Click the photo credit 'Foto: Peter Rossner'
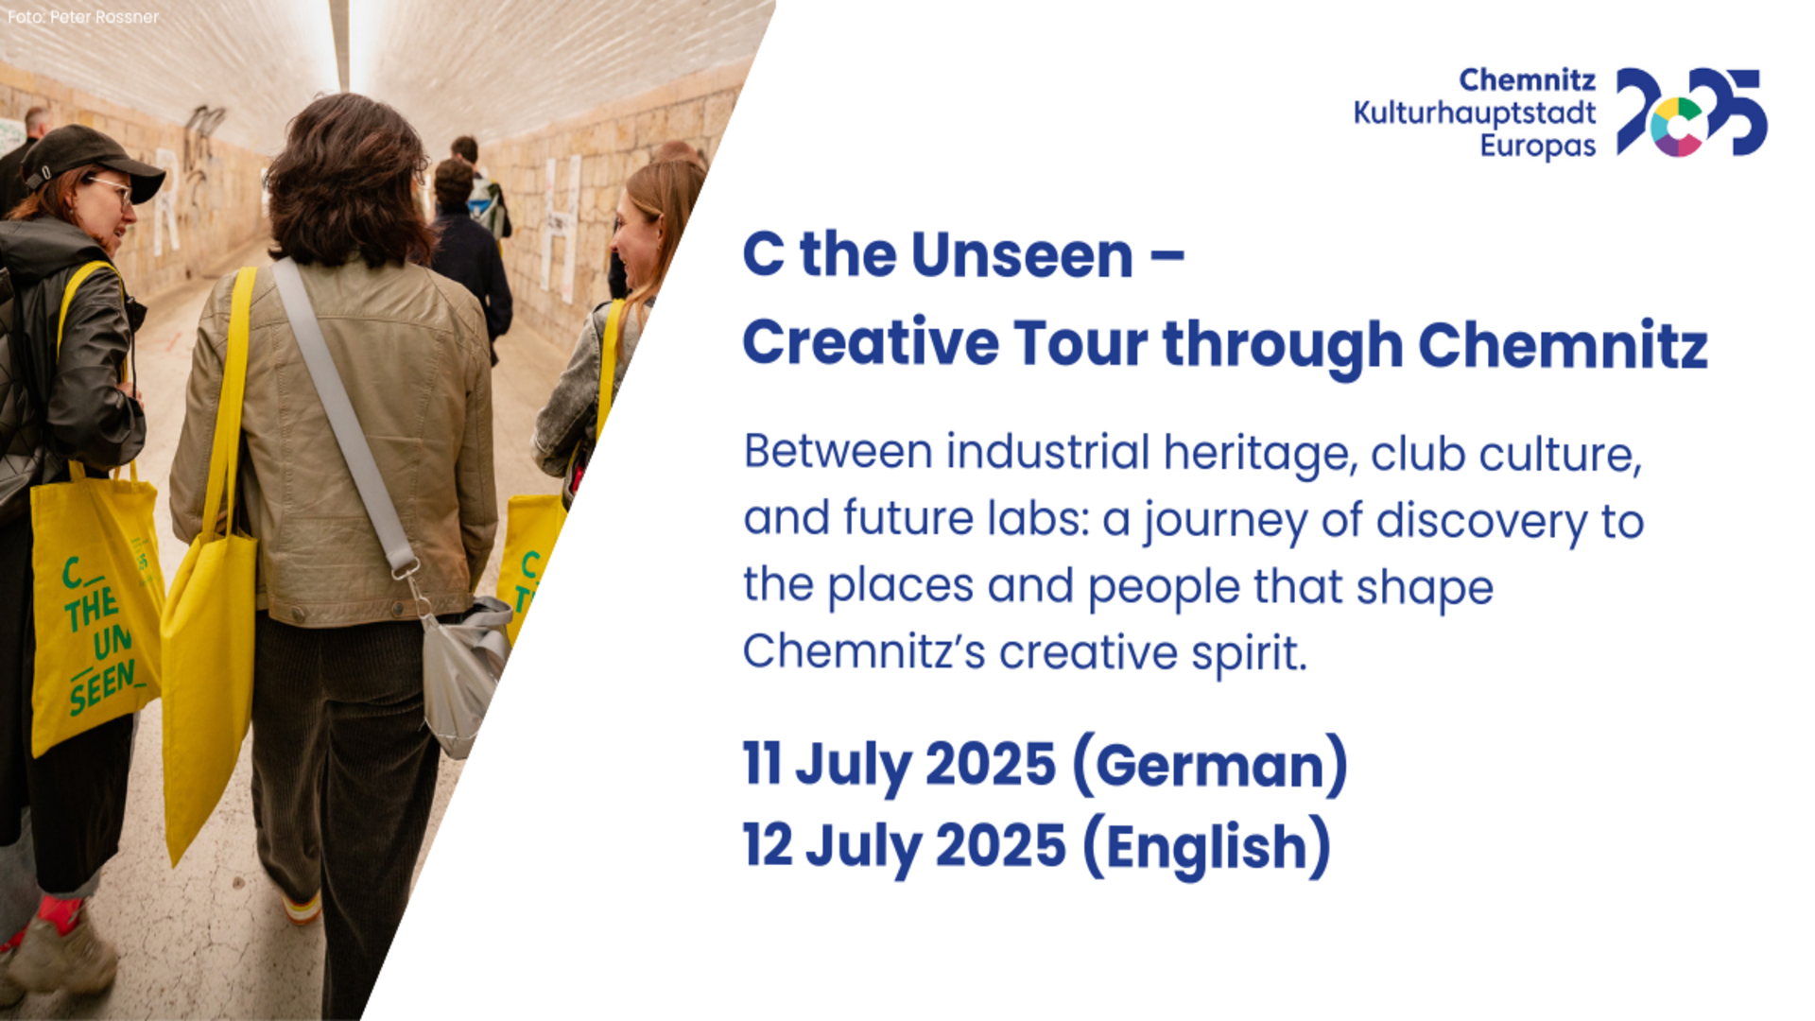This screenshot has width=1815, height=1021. pos(83,17)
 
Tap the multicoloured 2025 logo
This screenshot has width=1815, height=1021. pos(1691,112)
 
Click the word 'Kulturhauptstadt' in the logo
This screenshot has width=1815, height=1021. pos(1475,113)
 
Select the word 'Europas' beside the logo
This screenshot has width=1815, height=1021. pos(1538,147)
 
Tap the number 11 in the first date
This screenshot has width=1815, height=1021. pos(762,763)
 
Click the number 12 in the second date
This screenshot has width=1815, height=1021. pos(768,844)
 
